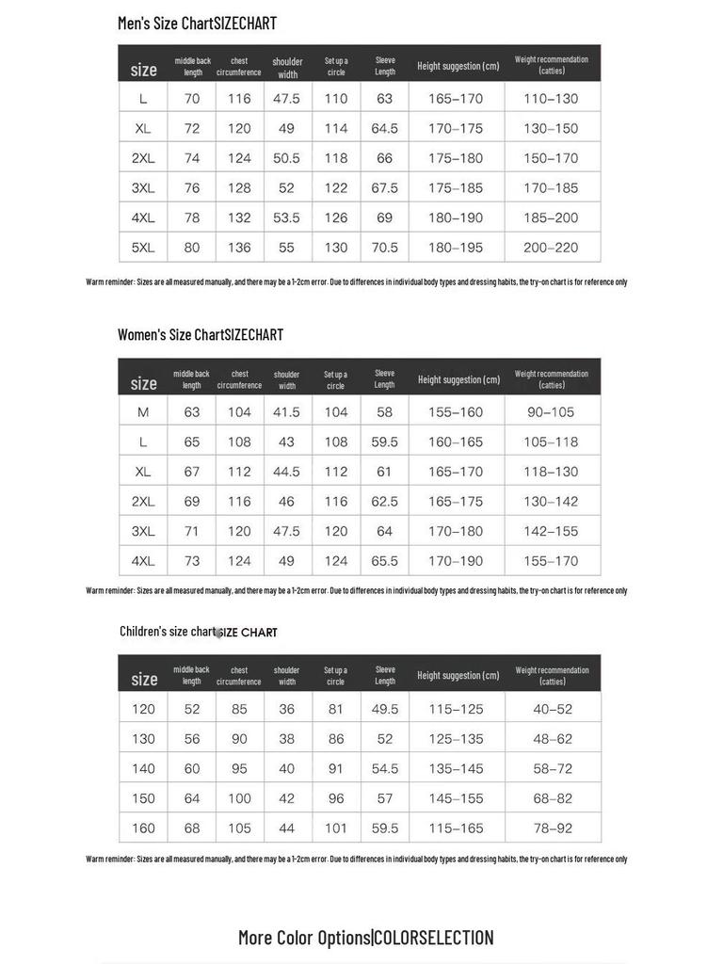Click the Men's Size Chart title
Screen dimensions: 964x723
(x=197, y=24)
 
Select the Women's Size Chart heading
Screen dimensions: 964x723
(x=200, y=335)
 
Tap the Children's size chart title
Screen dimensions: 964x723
(x=198, y=632)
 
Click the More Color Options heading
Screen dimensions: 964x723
(x=365, y=938)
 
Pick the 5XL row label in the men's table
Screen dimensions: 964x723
(x=143, y=248)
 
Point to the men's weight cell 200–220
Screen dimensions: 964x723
(x=551, y=248)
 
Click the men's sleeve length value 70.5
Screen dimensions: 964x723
(x=384, y=248)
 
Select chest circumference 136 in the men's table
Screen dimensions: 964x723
(x=239, y=248)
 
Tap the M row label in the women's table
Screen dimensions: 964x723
(x=143, y=412)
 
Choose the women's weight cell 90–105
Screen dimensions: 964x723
(x=551, y=412)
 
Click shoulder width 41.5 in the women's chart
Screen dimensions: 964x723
(x=286, y=412)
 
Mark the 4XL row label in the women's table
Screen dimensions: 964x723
(x=143, y=561)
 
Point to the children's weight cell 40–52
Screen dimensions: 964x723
(x=553, y=709)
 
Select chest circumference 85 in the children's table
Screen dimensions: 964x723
(x=239, y=709)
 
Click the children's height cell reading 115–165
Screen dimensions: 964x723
(x=457, y=828)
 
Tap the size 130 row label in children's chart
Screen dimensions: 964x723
(x=143, y=739)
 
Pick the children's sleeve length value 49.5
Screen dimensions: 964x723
(x=384, y=709)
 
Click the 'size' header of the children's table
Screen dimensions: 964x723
(x=144, y=679)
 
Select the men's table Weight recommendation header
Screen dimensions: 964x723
(x=551, y=65)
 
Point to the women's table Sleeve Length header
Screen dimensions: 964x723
(x=384, y=378)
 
